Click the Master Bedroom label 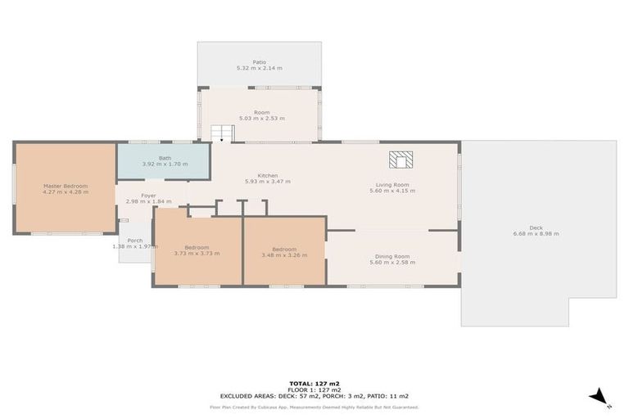(65, 186)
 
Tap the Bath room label (165, 158)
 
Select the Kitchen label (267, 175)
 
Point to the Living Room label (392, 185)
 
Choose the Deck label (536, 228)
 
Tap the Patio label (259, 62)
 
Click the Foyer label (148, 196)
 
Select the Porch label (134, 241)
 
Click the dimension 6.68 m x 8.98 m (536, 234)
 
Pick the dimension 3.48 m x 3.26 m (284, 255)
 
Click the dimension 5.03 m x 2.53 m (261, 119)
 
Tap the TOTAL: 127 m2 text (314, 383)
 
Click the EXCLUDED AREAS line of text (314, 395)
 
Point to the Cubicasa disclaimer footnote (314, 407)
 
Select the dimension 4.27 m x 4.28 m (65, 192)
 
